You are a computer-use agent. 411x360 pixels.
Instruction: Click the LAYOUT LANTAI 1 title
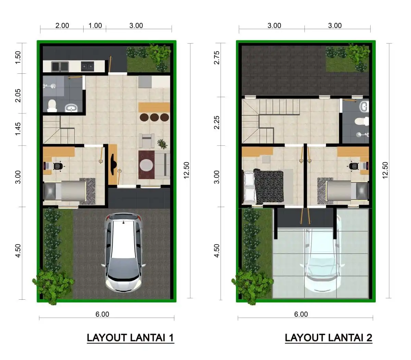[x=130, y=338]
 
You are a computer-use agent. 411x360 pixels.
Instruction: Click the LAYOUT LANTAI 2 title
[x=328, y=338]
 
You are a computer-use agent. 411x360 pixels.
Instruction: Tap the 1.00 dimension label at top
[x=95, y=25]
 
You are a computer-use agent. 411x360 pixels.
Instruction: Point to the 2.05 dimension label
[x=18, y=95]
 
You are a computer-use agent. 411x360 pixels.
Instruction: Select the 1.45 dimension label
[x=18, y=129]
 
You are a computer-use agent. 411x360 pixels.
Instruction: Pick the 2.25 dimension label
[x=216, y=122]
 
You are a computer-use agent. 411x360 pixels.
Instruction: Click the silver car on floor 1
[x=123, y=252]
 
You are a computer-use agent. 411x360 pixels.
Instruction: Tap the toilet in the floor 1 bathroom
[x=52, y=105]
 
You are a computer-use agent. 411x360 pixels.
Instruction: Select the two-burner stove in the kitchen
[x=87, y=66]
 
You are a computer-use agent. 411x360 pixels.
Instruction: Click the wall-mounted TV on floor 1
[x=113, y=165]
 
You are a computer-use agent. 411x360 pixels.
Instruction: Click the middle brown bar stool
[x=154, y=117]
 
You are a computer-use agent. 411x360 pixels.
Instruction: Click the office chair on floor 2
[x=353, y=166]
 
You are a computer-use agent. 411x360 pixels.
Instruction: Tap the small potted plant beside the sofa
[x=161, y=143]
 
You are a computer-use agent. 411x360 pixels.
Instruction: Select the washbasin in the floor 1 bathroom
[x=72, y=108]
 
